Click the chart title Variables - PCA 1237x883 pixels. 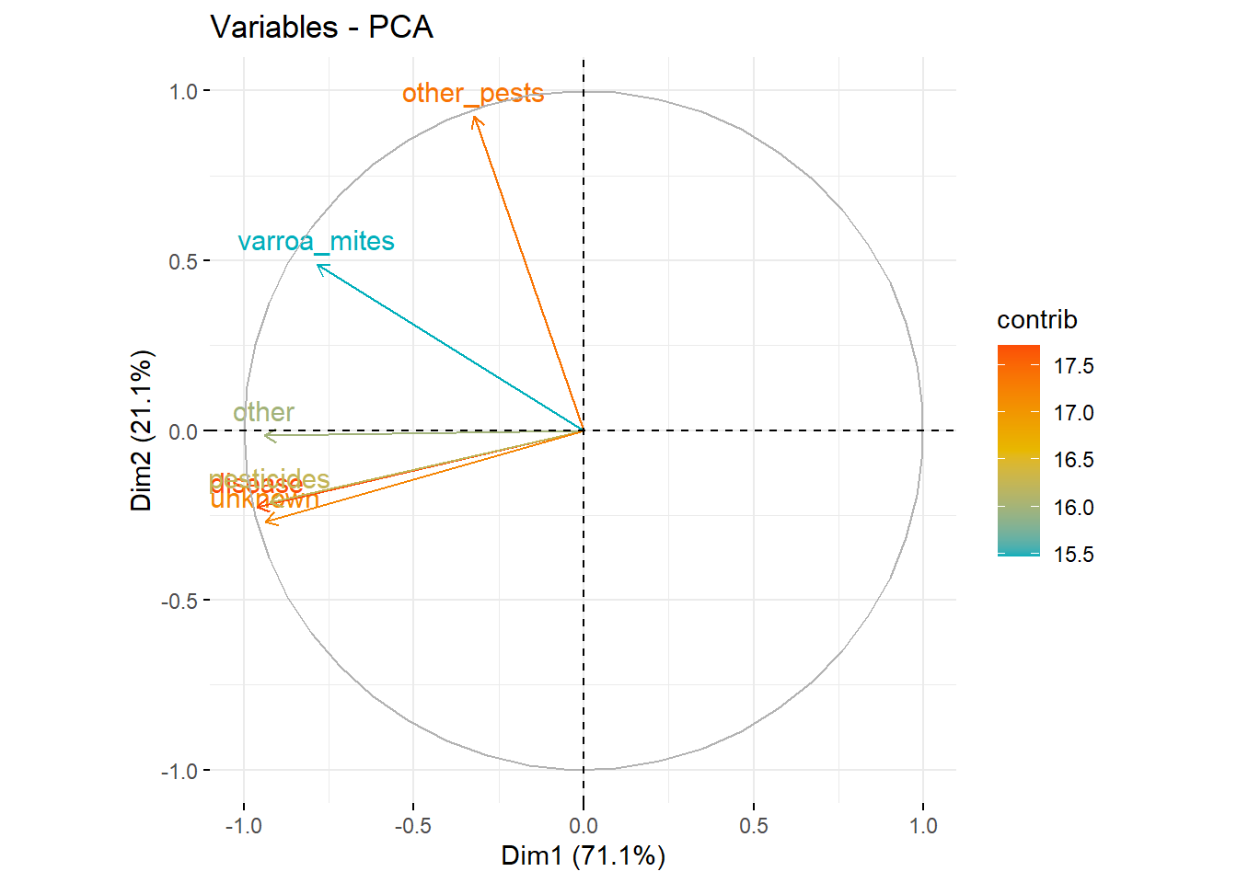click(x=321, y=28)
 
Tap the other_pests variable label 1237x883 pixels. click(x=473, y=93)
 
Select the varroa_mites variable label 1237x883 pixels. click(x=316, y=241)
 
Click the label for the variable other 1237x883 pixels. click(x=263, y=412)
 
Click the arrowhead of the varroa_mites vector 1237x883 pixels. click(x=318, y=266)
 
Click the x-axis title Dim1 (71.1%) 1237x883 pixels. click(x=583, y=855)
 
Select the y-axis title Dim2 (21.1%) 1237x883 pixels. click(x=142, y=430)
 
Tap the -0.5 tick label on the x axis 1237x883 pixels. click(x=412, y=826)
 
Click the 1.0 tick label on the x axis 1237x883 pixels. click(x=923, y=826)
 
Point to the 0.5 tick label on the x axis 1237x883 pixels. click(x=753, y=826)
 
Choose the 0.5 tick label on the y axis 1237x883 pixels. click(x=183, y=261)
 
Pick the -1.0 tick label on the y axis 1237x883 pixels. click(x=179, y=771)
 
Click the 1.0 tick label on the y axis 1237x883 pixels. click(x=183, y=91)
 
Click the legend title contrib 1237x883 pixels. click(x=1036, y=320)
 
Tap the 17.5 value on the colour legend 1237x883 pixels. click(x=1073, y=366)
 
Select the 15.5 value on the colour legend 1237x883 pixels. click(x=1073, y=555)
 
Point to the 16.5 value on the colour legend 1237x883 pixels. click(x=1073, y=460)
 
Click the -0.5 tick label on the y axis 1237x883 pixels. click(x=179, y=601)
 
